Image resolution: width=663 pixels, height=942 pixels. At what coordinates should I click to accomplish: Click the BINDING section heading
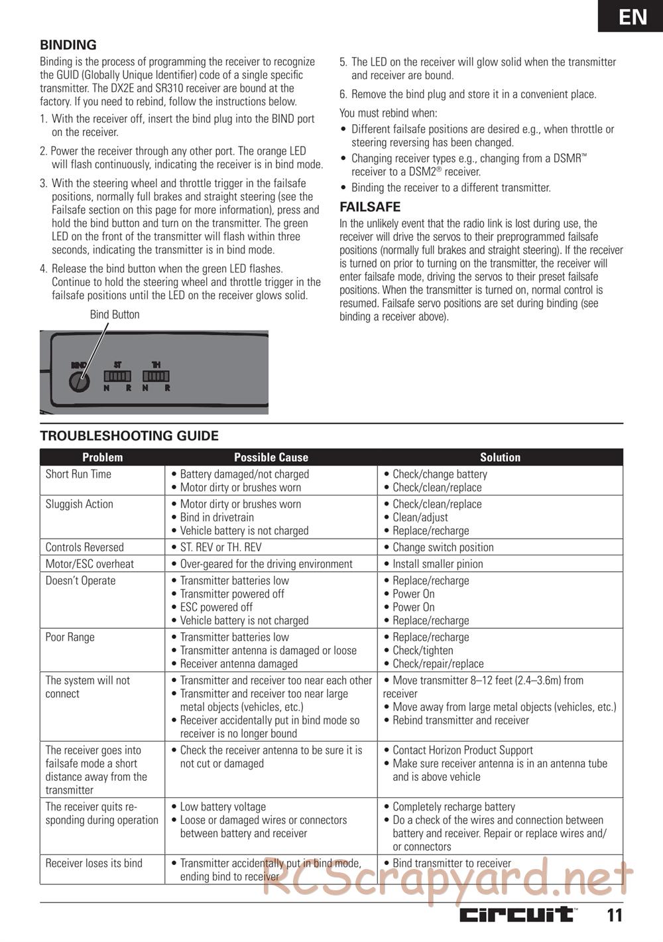pos(68,45)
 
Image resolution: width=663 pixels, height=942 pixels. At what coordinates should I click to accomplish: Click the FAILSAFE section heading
pos(370,206)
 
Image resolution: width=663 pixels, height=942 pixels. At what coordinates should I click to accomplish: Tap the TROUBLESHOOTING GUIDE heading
pos(129,436)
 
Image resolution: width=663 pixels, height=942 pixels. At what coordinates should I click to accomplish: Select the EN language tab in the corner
pos(633,16)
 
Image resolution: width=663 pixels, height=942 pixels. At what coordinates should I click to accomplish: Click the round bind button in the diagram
pos(80,383)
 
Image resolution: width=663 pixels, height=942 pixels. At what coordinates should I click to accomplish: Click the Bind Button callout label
pos(115,314)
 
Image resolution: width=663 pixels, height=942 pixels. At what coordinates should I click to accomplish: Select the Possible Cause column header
pos(271,457)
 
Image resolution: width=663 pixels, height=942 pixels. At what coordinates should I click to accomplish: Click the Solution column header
pos(500,457)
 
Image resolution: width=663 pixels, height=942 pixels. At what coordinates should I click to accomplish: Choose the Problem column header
pos(102,457)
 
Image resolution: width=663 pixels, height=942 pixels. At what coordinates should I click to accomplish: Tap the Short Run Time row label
pos(78,474)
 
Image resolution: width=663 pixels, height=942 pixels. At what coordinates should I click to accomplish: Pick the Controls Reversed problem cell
pos(84,547)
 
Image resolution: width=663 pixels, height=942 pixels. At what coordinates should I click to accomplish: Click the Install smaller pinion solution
pos(438,564)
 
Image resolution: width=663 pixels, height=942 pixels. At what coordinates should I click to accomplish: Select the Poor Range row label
pos(70,637)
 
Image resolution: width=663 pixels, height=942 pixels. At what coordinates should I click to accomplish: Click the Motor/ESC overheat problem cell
pos(90,564)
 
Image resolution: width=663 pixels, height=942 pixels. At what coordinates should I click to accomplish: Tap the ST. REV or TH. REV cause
pos(221,547)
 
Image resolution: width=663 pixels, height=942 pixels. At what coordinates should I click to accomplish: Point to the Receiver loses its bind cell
pos(93,863)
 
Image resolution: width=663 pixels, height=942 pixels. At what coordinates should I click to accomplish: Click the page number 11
pos(614,915)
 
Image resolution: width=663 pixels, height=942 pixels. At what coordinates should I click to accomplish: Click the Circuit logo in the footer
pos(517,915)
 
